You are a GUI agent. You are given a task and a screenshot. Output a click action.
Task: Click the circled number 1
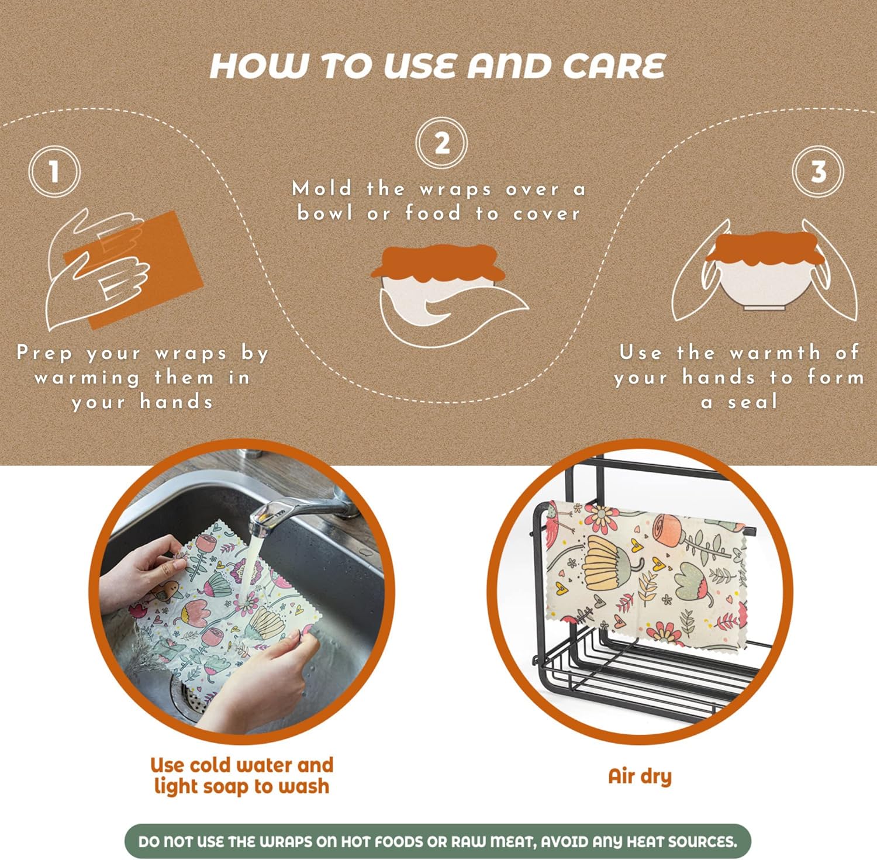[54, 172]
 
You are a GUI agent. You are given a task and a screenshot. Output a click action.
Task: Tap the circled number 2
[441, 143]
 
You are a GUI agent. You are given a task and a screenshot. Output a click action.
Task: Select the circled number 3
[818, 172]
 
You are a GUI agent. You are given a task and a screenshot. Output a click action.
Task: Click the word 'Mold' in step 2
[322, 189]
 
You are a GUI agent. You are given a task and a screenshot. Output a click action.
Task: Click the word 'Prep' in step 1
[45, 353]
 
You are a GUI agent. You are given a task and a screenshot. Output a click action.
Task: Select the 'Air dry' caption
[640, 776]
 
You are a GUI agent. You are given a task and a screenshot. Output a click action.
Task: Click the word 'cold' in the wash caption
[212, 765]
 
